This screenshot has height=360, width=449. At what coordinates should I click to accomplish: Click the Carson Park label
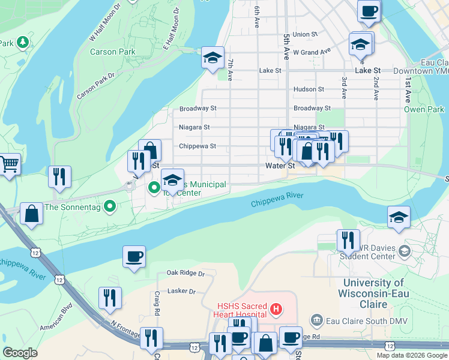coord(113,52)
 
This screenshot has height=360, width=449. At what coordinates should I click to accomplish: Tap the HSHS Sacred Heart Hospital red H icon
coord(276,310)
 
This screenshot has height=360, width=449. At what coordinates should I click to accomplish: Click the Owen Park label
coord(424,109)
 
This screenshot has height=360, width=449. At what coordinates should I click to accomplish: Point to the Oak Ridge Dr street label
coord(186,274)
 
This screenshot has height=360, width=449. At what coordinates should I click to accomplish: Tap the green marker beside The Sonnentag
coord(109,207)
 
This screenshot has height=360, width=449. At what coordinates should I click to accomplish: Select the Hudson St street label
coord(309,89)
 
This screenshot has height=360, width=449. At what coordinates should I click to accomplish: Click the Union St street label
coord(306,35)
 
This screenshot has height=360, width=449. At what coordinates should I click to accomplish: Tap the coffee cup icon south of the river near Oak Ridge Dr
coord(134,256)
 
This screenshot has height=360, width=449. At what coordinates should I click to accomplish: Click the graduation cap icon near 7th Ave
coord(212,58)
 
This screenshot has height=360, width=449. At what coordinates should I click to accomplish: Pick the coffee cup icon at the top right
coord(369,10)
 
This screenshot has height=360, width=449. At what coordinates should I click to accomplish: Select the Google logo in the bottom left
coord(20,353)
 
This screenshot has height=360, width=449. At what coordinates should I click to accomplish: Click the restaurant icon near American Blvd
coord(110,297)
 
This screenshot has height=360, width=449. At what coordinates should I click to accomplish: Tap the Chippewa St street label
coord(197,146)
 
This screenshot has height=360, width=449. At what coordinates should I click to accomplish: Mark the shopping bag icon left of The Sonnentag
coord(31,213)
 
